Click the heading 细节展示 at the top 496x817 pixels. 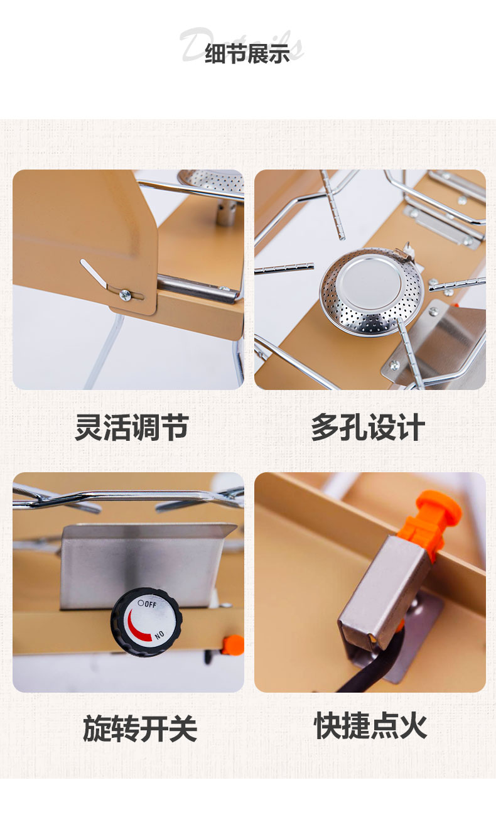[x=247, y=53]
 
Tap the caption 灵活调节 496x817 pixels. [x=132, y=427]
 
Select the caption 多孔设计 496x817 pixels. [x=368, y=427]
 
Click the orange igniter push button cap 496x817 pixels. [x=440, y=506]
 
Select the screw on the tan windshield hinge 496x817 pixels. [x=125, y=295]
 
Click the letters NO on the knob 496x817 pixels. [x=159, y=635]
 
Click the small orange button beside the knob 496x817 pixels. [x=234, y=644]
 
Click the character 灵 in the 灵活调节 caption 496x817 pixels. [x=89, y=427]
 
